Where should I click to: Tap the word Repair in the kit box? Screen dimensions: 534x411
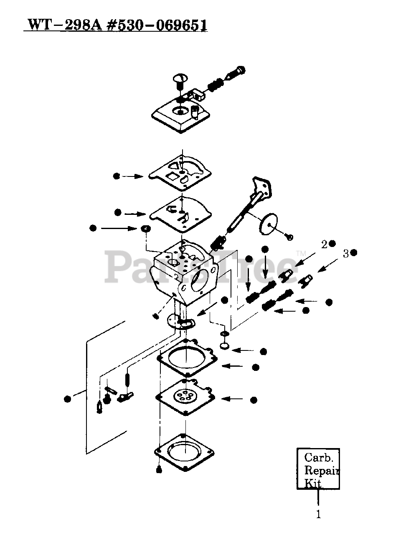tap(320, 471)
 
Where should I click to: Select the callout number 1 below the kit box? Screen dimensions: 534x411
tap(318, 514)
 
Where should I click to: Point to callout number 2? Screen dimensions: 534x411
tap(324, 244)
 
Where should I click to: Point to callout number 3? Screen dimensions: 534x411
tap(345, 253)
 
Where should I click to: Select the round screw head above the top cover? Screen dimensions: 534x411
tap(180, 78)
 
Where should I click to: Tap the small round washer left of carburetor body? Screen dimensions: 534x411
tap(145, 229)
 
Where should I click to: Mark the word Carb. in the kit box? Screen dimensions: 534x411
tap(319, 458)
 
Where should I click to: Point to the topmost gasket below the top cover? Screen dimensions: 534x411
tap(180, 171)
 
